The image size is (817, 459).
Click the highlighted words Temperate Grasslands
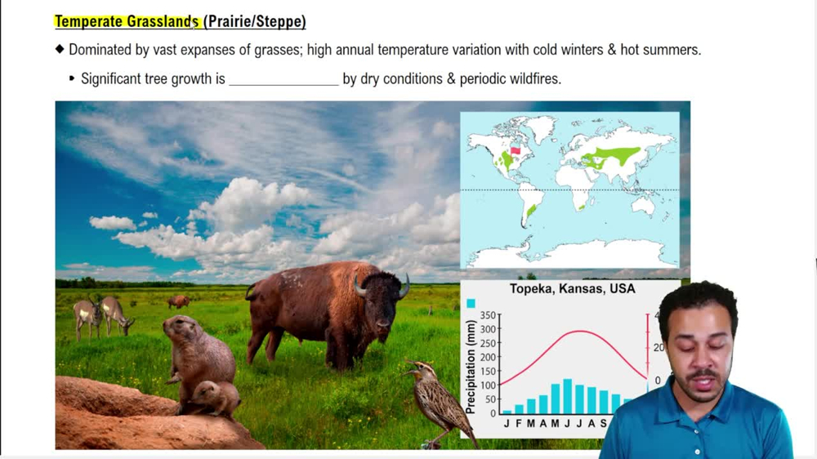[x=127, y=22]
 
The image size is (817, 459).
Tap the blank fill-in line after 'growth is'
[x=283, y=79]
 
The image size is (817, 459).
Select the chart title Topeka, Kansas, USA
[x=572, y=289]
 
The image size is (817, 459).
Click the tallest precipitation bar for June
[x=567, y=397]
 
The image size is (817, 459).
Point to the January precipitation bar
[x=507, y=412]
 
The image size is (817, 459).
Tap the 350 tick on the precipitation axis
[x=489, y=315]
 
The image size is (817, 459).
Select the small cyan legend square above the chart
[x=471, y=303]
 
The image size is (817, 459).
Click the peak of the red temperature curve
[x=578, y=332]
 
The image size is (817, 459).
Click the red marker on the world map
[x=515, y=150]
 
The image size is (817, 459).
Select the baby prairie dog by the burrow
[x=216, y=398]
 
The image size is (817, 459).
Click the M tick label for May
[x=555, y=423]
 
